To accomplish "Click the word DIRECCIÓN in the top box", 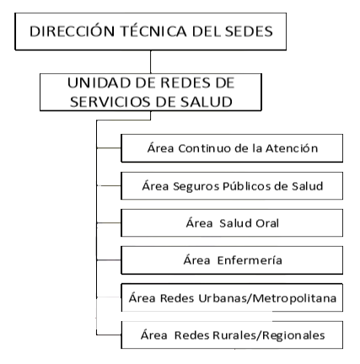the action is pos(72,30).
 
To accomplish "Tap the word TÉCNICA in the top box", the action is pos(153,30).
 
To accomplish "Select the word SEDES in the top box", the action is pos(249,31).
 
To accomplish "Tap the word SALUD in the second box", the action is pos(207,102).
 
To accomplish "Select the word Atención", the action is pos(292,148).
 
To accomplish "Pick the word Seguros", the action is pos(196,186).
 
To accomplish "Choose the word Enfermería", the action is pos(250,260).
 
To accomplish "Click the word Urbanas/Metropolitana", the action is pos(267,298).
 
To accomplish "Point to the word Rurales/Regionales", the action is pos(269,335).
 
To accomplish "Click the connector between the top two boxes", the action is pos(151,62).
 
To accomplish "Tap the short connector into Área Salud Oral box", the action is pos(109,223).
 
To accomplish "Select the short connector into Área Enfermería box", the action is pos(109,260).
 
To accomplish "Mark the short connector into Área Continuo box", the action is pos(109,147).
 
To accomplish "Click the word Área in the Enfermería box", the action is pos(196,260).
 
